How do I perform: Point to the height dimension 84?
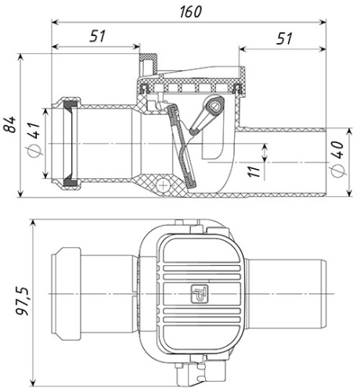(x=10, y=125)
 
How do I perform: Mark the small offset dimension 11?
(x=253, y=170)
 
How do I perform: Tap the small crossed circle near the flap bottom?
(x=162, y=185)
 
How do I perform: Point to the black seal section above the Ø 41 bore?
(x=70, y=103)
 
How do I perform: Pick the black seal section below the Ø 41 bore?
(x=70, y=183)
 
